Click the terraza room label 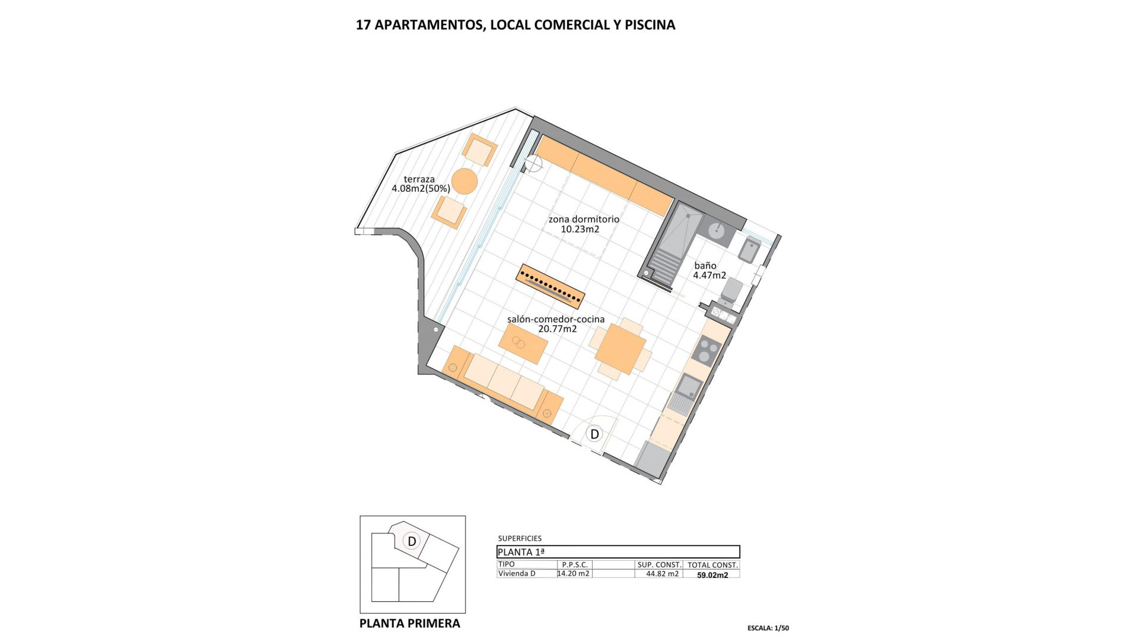coord(420,184)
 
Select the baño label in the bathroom coord(708,271)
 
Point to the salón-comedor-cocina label coord(556,323)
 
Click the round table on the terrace coord(464,181)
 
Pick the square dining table coord(620,349)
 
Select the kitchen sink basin coord(689,386)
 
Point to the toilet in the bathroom coord(732,291)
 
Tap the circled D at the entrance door coord(594,434)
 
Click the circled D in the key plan coord(411,541)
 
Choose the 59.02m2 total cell coord(712,575)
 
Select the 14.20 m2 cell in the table coord(574,573)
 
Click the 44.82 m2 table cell coord(662,574)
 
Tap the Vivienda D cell coord(517,573)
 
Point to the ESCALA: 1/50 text coord(768,628)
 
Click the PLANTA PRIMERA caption coord(410,623)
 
